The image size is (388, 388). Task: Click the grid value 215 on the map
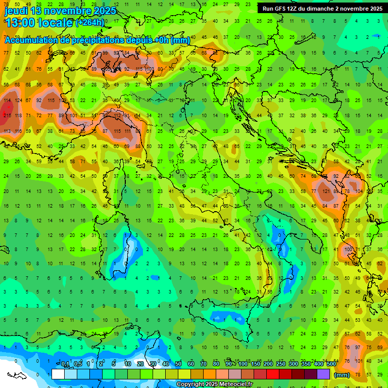point(7,116)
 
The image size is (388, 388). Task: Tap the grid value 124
point(18,100)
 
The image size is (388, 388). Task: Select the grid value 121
point(325,191)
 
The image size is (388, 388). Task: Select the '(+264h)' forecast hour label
point(90,23)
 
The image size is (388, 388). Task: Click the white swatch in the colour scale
point(58,374)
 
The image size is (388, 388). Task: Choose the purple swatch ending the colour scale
point(323,374)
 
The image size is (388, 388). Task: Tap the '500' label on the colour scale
point(331,364)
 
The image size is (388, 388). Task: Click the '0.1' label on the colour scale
point(65,364)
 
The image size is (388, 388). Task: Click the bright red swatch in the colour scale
point(273,374)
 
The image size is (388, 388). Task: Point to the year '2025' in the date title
point(105,11)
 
